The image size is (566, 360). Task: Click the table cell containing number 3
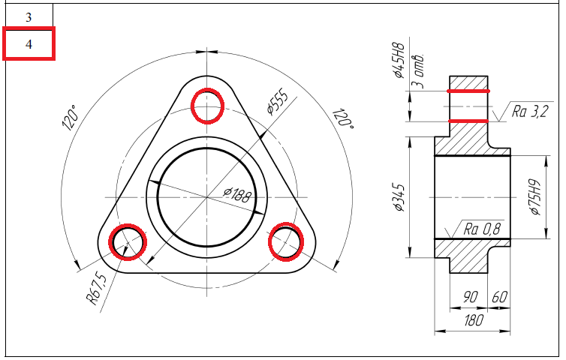29,16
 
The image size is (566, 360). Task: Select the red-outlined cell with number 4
29,43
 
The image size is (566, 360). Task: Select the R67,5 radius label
97,288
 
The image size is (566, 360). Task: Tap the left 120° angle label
71,118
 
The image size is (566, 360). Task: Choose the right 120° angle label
343,118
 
